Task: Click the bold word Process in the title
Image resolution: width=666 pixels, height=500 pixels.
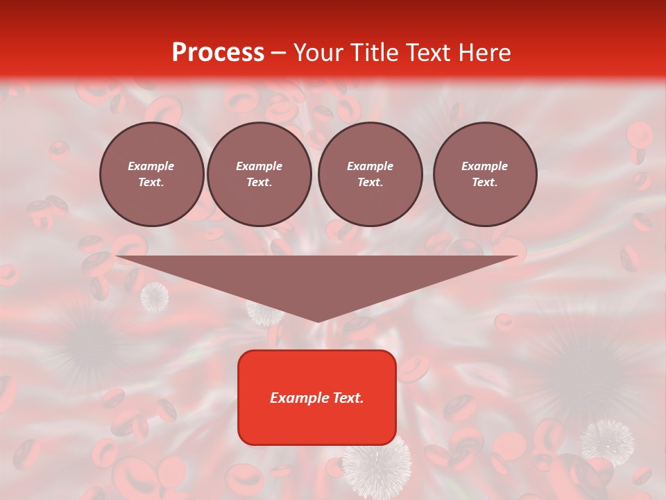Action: pyautogui.click(x=218, y=53)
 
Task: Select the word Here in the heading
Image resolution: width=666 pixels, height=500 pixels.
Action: pyautogui.click(x=485, y=53)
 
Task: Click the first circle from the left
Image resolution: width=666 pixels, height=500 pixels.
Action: pyautogui.click(x=151, y=174)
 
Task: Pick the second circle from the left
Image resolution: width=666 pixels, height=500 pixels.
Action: pyautogui.click(x=259, y=174)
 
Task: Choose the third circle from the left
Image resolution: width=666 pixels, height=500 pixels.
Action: pyautogui.click(x=370, y=174)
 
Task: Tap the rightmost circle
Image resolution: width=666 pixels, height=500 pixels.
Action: pyautogui.click(x=484, y=174)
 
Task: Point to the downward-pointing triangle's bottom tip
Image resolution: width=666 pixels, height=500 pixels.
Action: pyautogui.click(x=318, y=320)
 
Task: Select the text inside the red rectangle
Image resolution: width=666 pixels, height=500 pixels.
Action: pyautogui.click(x=317, y=398)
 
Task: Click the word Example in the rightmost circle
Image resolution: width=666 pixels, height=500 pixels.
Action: pyautogui.click(x=484, y=166)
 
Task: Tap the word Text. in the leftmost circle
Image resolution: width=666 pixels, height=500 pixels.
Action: pyautogui.click(x=151, y=183)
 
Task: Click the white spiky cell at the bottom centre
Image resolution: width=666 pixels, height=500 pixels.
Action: pyautogui.click(x=376, y=468)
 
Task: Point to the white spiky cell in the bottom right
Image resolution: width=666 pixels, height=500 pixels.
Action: pyautogui.click(x=607, y=441)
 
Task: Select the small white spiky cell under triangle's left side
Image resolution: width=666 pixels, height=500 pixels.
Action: pyautogui.click(x=154, y=297)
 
